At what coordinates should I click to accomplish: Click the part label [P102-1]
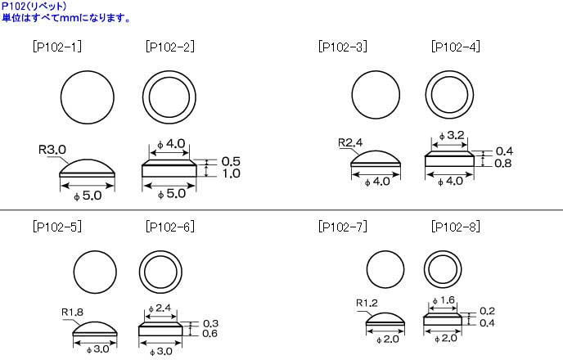tap(56, 47)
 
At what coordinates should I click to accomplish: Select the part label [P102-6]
tap(169, 227)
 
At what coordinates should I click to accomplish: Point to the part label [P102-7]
tap(342, 227)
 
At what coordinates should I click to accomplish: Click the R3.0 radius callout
tap(52, 151)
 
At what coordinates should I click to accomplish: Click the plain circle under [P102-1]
tap(88, 97)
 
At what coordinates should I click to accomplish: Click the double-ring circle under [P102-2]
tap(170, 97)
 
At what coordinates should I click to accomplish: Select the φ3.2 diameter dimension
tap(452, 135)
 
